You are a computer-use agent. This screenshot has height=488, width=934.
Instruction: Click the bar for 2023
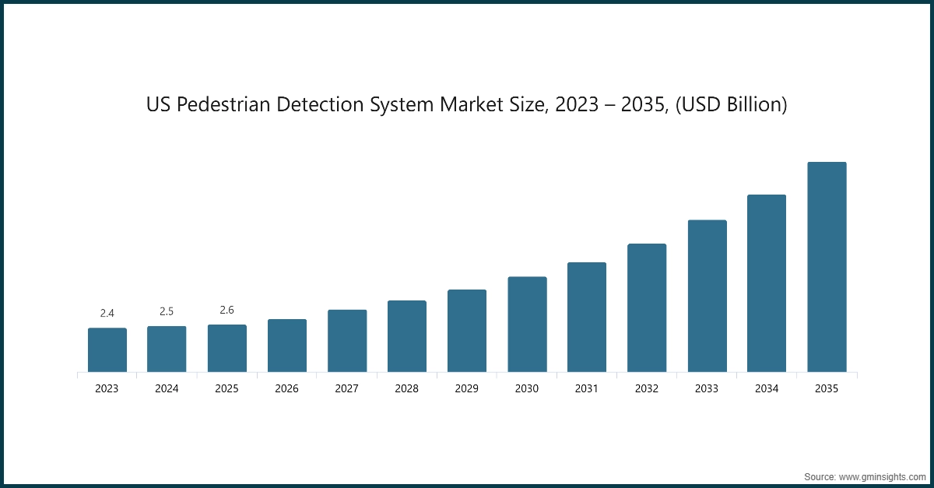click(x=107, y=349)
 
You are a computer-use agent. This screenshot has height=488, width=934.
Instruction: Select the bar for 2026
click(x=286, y=345)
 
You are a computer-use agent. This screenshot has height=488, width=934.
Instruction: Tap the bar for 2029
click(x=466, y=330)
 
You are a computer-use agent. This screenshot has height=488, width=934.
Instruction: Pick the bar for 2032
click(x=646, y=307)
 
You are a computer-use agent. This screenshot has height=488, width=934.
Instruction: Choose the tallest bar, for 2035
click(x=827, y=266)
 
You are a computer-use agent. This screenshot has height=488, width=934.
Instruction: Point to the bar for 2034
click(x=766, y=283)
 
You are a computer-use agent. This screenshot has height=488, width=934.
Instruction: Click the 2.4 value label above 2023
click(x=107, y=313)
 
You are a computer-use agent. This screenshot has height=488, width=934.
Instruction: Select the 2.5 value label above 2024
click(x=167, y=311)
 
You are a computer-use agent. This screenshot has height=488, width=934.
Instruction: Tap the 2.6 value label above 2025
click(x=226, y=310)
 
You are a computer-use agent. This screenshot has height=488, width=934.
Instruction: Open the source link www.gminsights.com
click(x=881, y=475)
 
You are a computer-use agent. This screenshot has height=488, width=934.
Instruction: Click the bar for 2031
click(x=586, y=317)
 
